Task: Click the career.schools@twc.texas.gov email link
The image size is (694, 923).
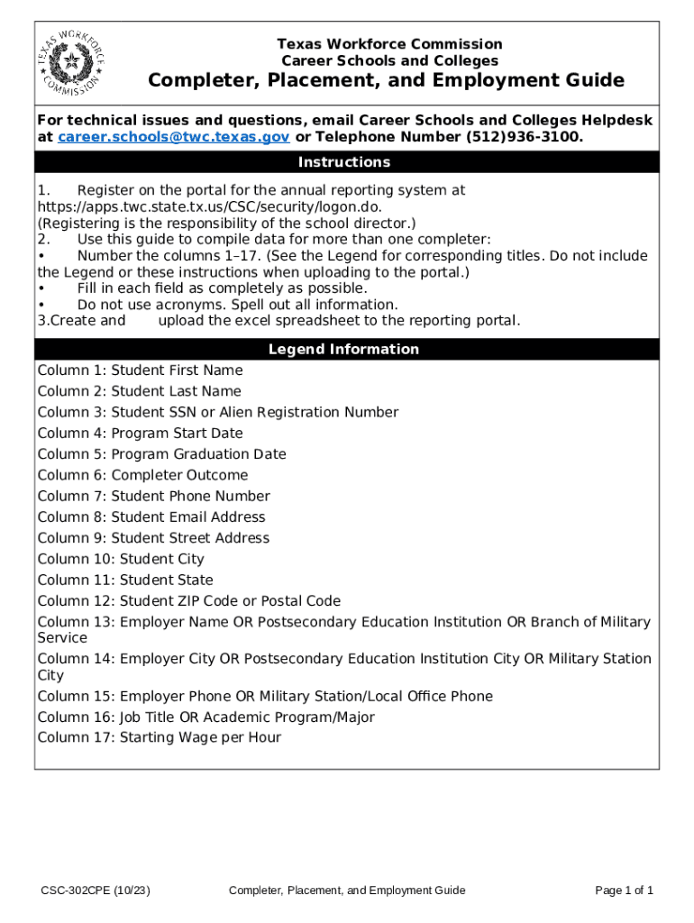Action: [x=173, y=137]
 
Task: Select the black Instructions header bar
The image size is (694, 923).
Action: [x=346, y=162]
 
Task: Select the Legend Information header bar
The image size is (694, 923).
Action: [x=346, y=349]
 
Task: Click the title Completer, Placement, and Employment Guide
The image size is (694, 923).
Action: [x=386, y=81]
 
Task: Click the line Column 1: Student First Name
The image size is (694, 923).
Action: [x=140, y=370]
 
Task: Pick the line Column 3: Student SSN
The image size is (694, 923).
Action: [x=217, y=412]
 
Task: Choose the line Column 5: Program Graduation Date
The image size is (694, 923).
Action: [x=161, y=454]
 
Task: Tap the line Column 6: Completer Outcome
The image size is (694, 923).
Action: [x=142, y=475]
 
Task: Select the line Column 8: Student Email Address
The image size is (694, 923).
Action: [x=151, y=517]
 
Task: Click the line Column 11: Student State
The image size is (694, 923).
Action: [x=125, y=580]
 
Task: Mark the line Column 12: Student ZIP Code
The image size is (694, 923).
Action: [x=188, y=601]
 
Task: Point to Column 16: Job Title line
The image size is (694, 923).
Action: [x=205, y=717]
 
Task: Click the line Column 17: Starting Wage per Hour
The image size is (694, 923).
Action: [x=159, y=738]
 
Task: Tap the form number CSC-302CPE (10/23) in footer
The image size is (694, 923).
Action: [x=95, y=891]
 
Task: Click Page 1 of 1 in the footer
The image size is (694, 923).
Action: [x=624, y=891]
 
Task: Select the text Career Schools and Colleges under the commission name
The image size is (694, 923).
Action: [x=389, y=61]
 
